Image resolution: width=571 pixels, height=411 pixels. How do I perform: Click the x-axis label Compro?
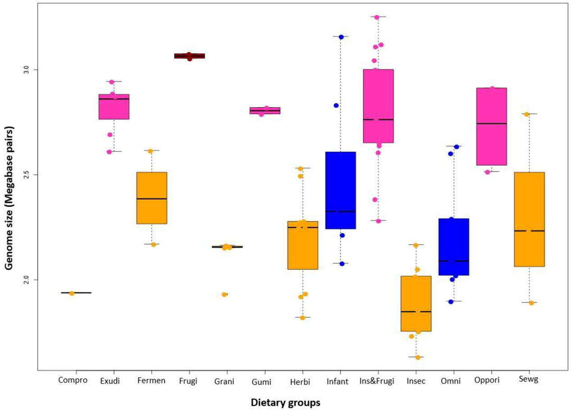[x=72, y=380]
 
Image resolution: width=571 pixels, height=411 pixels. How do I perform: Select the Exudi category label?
[x=110, y=381]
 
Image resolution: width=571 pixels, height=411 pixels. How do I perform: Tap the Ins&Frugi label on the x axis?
[x=377, y=381]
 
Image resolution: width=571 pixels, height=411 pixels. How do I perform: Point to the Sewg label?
[x=529, y=380]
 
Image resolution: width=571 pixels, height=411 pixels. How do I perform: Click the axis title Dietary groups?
[x=285, y=402]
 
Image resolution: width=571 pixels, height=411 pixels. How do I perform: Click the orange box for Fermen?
[x=152, y=198]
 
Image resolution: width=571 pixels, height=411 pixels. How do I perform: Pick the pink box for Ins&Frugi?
[x=378, y=106]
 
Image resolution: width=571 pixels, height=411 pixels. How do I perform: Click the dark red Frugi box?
[x=190, y=56]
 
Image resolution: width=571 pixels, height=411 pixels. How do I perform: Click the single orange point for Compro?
[x=72, y=293]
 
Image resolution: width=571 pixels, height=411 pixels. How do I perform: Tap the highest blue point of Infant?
[x=341, y=37]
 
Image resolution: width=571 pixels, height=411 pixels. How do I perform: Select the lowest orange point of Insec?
[x=417, y=357]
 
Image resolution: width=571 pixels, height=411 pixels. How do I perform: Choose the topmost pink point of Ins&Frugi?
[x=376, y=17]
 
